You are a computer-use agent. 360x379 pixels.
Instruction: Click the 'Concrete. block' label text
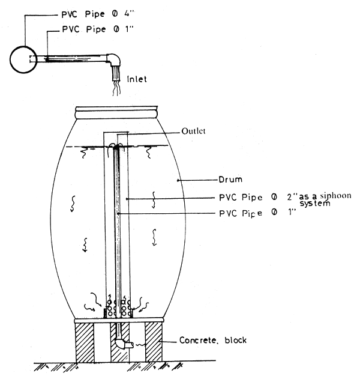(212, 341)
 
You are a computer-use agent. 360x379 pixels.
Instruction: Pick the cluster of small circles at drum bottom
(118, 305)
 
